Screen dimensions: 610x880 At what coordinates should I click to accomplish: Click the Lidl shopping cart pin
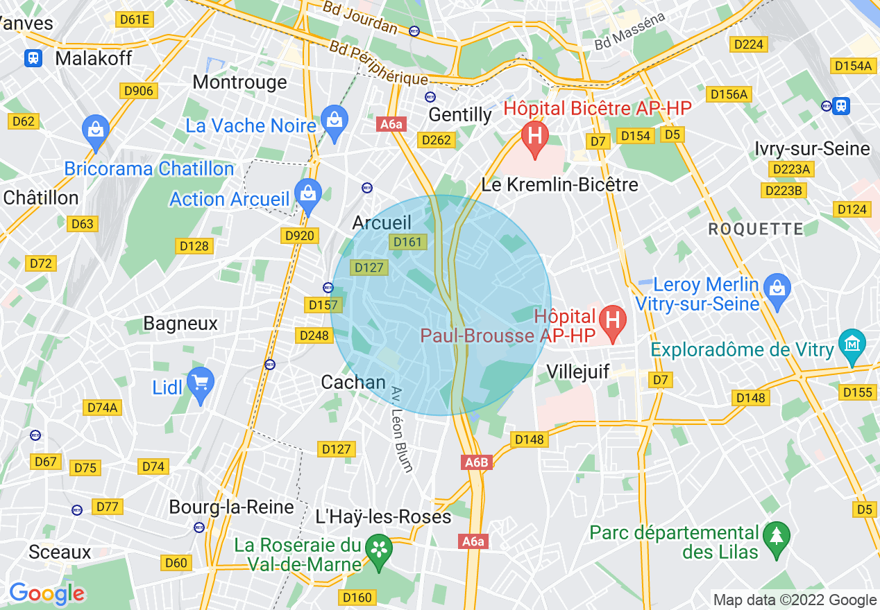201,383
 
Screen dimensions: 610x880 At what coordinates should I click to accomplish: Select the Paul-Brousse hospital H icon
613,321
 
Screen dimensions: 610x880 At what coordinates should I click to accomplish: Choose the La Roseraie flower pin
379,550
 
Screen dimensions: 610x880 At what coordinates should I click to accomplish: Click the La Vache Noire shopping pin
335,121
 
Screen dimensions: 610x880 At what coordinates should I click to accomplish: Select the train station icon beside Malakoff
33,58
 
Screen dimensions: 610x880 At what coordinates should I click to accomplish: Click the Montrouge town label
239,82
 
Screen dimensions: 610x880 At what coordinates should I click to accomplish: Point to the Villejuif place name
577,372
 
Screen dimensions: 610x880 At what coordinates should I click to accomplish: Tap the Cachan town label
353,382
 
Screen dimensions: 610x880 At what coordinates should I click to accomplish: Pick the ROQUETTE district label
755,229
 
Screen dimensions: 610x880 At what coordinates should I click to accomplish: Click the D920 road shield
300,236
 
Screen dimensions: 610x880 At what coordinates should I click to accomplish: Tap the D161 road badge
407,242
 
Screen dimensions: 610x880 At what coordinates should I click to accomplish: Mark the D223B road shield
784,190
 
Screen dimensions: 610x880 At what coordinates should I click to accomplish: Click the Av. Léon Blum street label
403,429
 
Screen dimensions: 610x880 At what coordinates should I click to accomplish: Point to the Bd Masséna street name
629,32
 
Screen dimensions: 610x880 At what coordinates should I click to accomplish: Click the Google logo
46,593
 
